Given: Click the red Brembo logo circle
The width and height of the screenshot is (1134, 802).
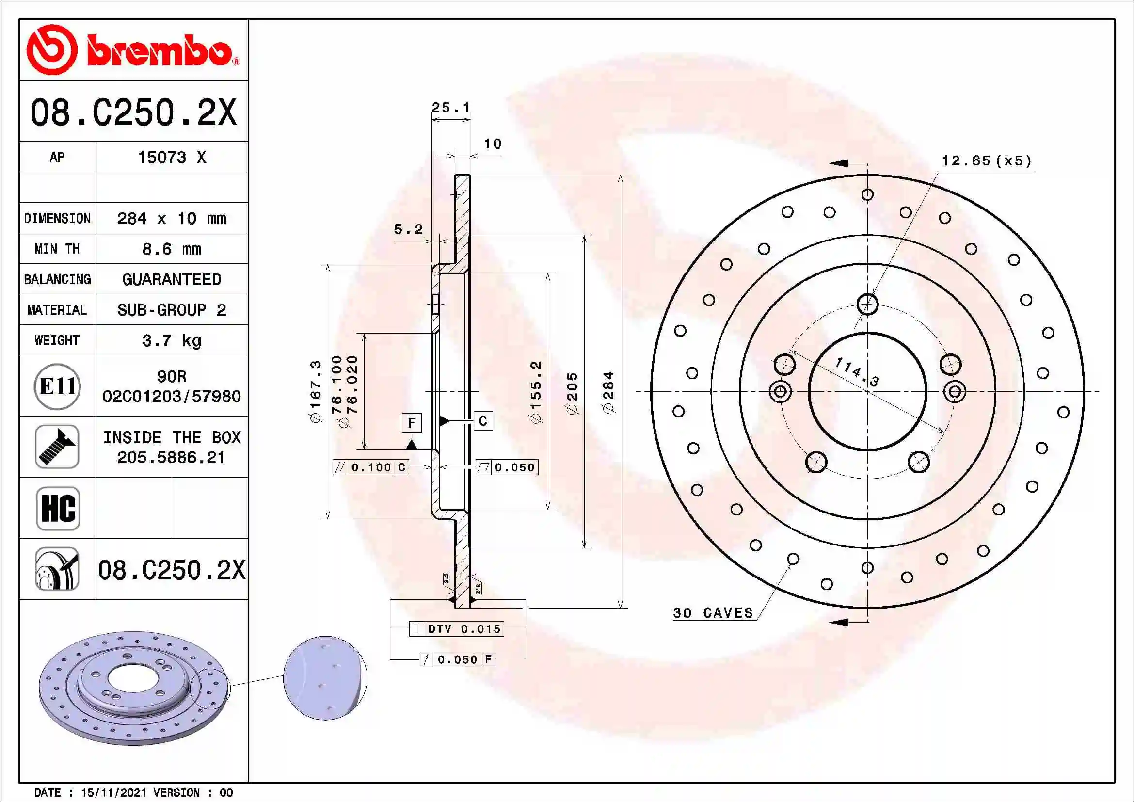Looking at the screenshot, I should pos(51,50).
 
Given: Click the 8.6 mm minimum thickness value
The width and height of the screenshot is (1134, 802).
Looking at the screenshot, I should pos(171,249).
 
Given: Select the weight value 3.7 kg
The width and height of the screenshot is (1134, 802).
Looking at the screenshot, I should pos(171,340).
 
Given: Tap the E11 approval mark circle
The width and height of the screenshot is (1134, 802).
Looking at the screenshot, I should pos(57,386).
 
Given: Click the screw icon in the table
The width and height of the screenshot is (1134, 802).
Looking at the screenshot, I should pos(57,447).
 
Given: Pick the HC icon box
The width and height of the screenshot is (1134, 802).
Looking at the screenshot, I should pos(58,508).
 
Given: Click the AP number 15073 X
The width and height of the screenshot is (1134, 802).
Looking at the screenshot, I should pos(171,158).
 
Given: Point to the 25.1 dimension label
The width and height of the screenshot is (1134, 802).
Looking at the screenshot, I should pos(450,107).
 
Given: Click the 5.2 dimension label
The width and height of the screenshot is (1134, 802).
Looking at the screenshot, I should pos(408,229).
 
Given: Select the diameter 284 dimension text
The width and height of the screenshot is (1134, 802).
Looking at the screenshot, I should pos(608,393).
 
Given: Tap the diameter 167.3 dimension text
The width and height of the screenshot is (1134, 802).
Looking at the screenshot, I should pos(315,392).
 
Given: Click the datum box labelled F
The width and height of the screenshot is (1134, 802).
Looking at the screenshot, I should pos(412,423).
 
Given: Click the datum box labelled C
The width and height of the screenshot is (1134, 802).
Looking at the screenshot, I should pos(483,421).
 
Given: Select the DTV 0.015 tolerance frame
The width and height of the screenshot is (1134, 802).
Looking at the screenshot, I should pos(456,629).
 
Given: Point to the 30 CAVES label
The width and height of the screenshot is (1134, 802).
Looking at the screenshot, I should pos(713,613).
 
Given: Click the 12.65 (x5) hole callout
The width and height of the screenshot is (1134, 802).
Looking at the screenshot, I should pos(986,161).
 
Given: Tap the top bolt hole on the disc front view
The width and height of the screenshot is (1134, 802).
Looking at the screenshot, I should pos(867,304).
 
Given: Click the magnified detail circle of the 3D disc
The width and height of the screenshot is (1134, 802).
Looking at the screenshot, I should pos(325,678).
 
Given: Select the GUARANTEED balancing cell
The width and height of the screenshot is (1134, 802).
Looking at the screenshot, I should pos(171,279).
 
